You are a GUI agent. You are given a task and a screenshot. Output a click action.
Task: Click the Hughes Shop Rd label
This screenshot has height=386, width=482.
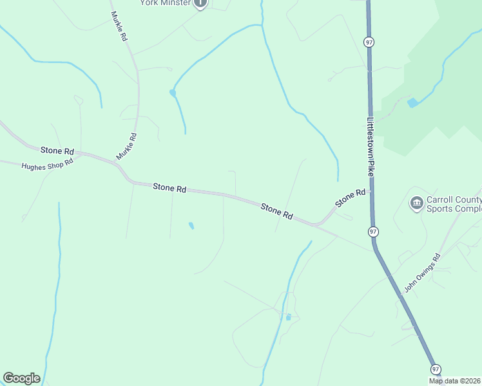48,165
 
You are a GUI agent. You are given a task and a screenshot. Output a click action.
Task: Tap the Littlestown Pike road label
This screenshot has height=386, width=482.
371,147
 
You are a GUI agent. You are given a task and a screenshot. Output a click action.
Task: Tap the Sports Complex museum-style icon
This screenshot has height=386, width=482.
416,203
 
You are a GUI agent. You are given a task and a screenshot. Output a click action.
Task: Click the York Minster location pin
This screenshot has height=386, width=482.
200,3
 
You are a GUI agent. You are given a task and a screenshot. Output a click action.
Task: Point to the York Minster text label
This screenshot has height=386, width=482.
166,3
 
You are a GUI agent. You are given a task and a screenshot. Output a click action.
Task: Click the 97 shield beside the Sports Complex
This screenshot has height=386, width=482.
373,231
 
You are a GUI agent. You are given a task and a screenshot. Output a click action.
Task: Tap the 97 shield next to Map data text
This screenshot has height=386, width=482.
436,369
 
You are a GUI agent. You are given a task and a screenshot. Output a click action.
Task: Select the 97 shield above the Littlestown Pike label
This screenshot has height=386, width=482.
369,42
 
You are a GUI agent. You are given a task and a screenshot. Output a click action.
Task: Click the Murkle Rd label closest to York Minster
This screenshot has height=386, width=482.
119,26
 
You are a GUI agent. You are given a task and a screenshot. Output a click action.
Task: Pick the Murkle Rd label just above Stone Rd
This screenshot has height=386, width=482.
126,146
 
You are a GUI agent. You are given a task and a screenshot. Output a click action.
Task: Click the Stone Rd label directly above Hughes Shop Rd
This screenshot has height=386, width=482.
57,151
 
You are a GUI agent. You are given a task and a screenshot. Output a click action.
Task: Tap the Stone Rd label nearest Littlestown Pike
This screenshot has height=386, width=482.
350,198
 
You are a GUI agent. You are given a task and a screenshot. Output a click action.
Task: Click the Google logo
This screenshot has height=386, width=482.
21,378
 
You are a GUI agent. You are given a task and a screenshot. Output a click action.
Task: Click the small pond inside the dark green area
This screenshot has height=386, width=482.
412,102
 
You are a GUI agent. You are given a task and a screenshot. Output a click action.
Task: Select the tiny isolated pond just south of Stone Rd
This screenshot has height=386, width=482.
191,226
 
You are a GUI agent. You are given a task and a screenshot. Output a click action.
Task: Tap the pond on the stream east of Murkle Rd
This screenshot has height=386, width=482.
173,93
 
